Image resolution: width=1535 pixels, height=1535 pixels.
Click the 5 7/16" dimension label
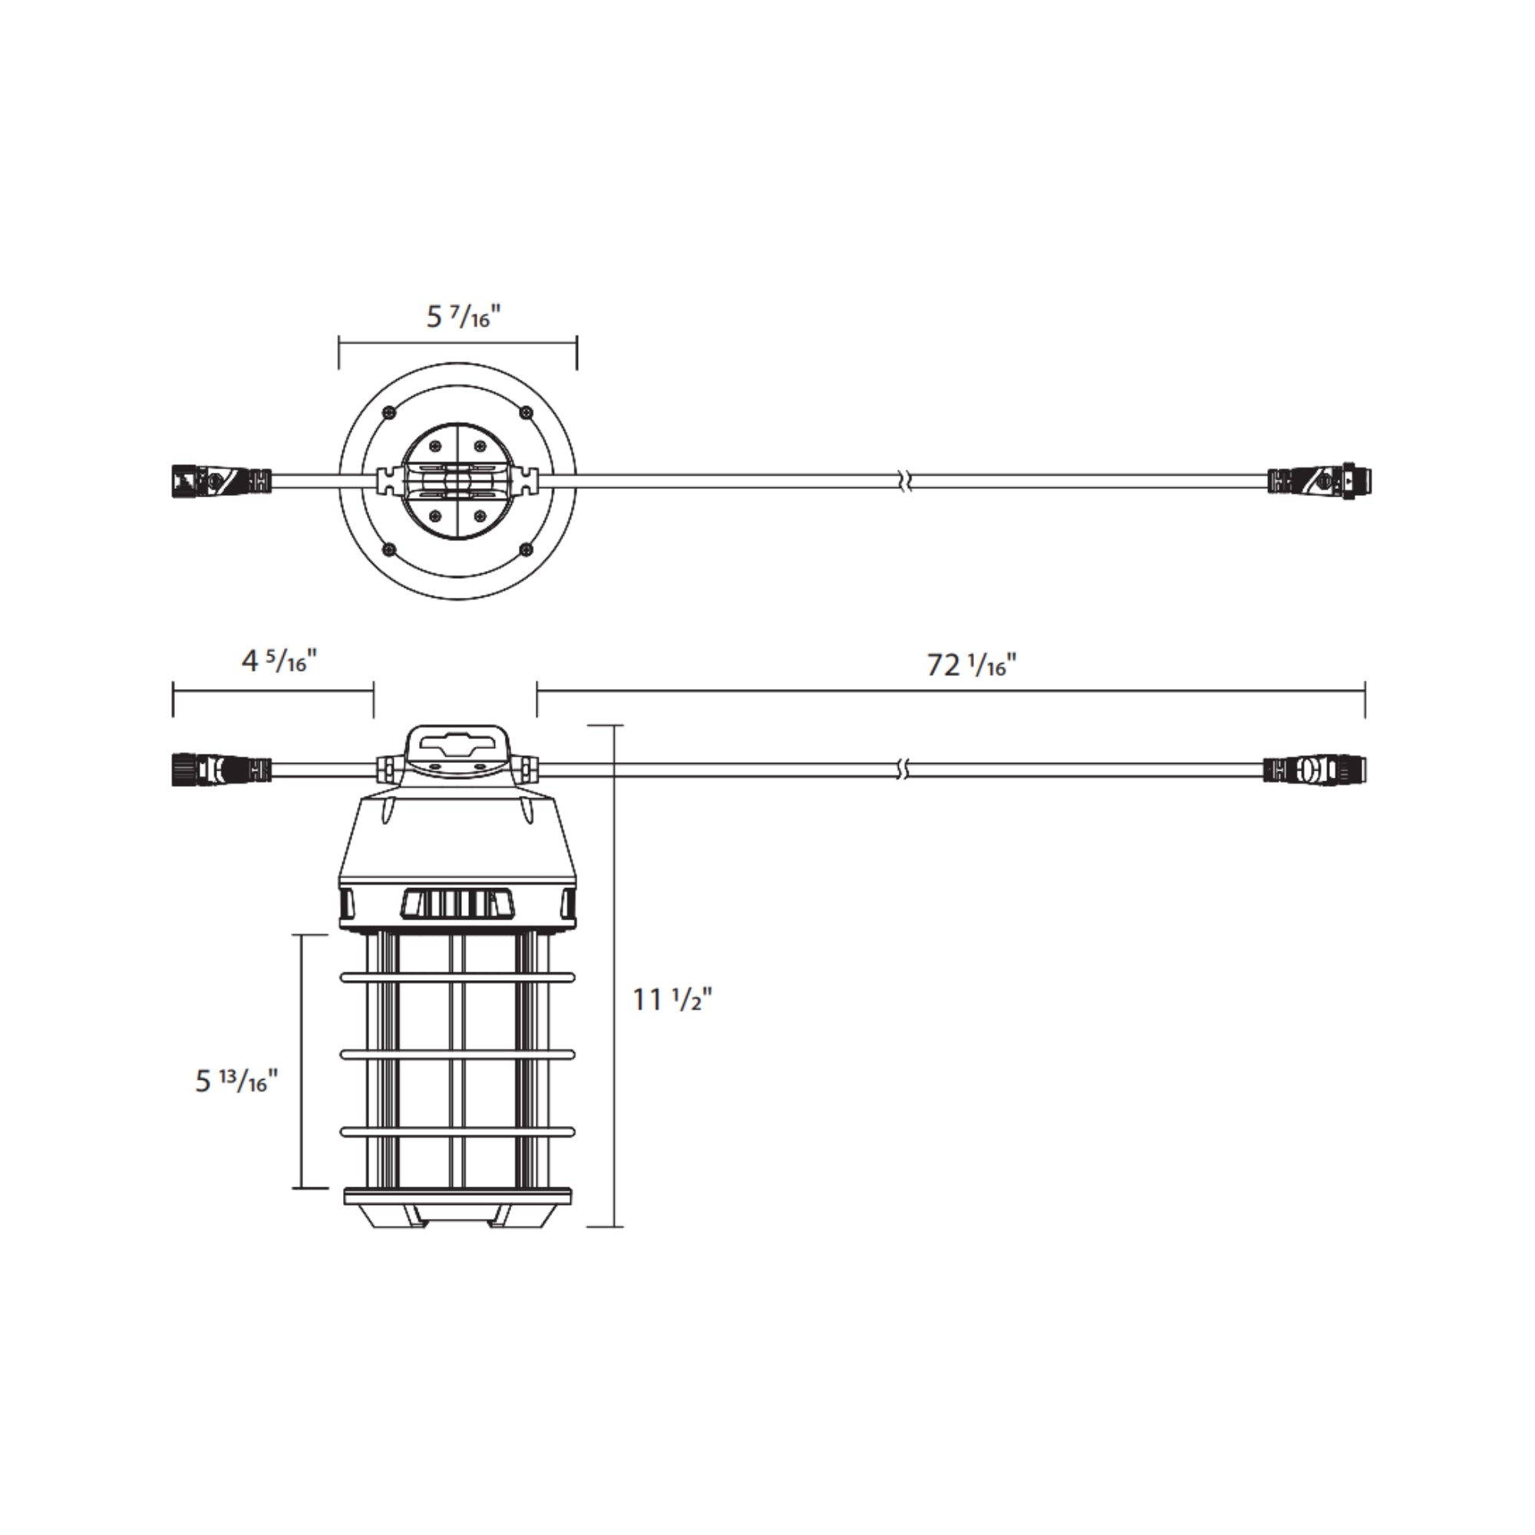tap(464, 318)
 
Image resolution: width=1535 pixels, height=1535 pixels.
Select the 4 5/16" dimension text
tap(279, 661)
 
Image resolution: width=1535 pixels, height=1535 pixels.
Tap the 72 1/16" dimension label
tap(971, 664)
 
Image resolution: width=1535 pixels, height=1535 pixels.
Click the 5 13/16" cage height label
tap(236, 1081)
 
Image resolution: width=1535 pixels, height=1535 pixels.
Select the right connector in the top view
tap(1322, 480)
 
